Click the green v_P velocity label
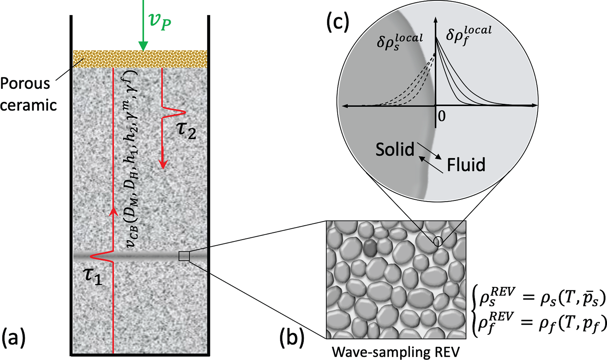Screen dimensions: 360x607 click(160, 21)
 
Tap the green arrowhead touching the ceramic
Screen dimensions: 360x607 click(143, 46)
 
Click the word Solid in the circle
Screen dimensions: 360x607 click(395, 149)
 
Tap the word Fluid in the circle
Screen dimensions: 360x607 click(466, 165)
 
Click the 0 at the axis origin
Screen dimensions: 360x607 click(442, 116)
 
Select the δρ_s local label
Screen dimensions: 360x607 click(399, 42)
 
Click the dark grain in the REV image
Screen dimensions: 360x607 click(370, 247)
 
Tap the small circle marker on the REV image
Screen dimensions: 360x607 click(438, 242)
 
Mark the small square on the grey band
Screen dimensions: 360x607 click(184, 256)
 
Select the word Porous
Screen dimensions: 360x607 click(25, 84)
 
